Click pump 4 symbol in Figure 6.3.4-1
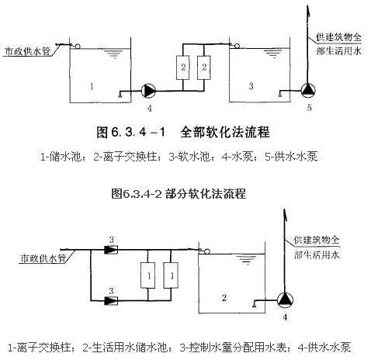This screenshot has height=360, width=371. [x=148, y=91]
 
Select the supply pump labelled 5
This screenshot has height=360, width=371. [x=308, y=90]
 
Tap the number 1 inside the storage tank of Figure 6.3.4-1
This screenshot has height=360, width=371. [x=92, y=86]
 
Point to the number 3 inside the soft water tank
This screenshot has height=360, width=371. [x=251, y=86]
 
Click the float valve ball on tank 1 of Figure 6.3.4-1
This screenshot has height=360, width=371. [x=77, y=47]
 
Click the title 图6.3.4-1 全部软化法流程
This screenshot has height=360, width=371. [x=183, y=132]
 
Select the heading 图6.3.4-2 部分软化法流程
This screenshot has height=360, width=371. [x=179, y=193]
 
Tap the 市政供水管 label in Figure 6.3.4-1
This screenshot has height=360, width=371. [x=28, y=51]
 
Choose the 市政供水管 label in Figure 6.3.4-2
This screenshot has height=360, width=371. [x=43, y=258]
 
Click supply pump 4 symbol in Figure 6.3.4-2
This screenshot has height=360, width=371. [x=285, y=300]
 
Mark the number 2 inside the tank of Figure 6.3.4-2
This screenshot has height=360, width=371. [x=224, y=298]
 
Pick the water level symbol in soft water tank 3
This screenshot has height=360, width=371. [x=272, y=54]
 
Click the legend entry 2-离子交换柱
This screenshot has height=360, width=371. [x=125, y=157]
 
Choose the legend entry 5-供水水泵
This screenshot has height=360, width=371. [x=291, y=157]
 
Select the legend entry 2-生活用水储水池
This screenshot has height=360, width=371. [x=125, y=348]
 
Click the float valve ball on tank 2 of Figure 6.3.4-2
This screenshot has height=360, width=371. [x=206, y=251]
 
